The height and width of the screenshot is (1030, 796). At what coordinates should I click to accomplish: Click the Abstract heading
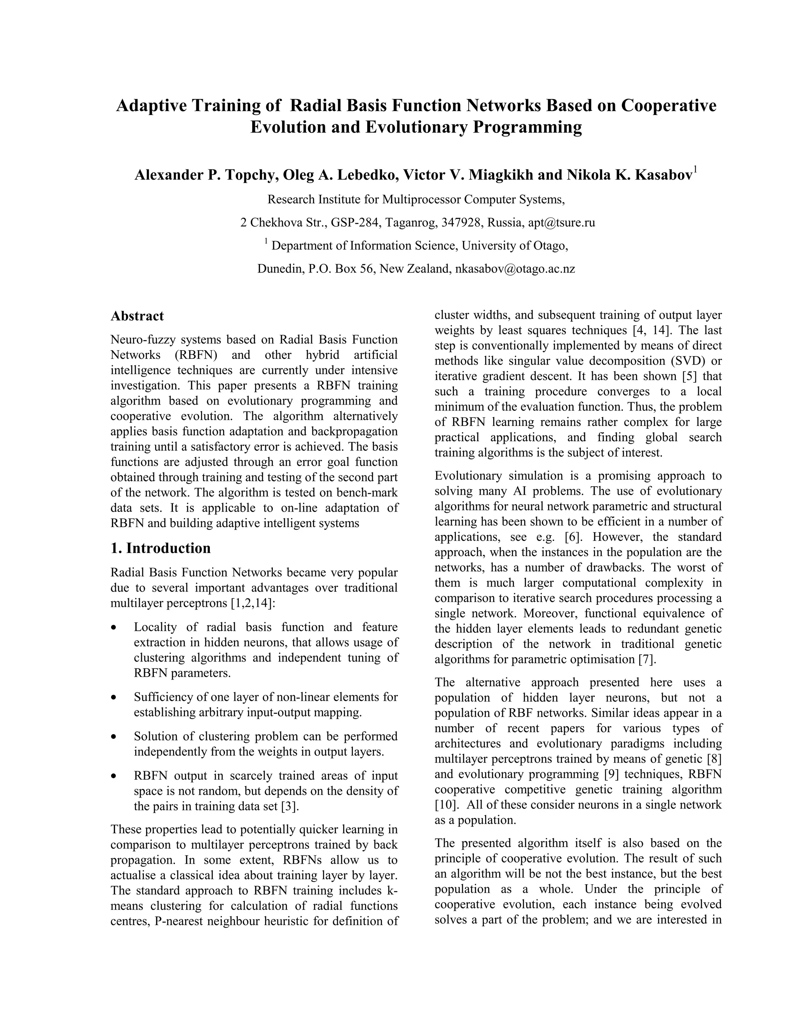click(137, 316)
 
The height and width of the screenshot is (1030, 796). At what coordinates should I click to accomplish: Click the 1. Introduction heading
click(161, 548)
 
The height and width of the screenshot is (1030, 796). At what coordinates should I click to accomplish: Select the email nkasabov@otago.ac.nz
click(515, 269)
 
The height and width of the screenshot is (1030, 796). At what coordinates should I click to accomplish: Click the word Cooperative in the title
click(668, 105)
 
